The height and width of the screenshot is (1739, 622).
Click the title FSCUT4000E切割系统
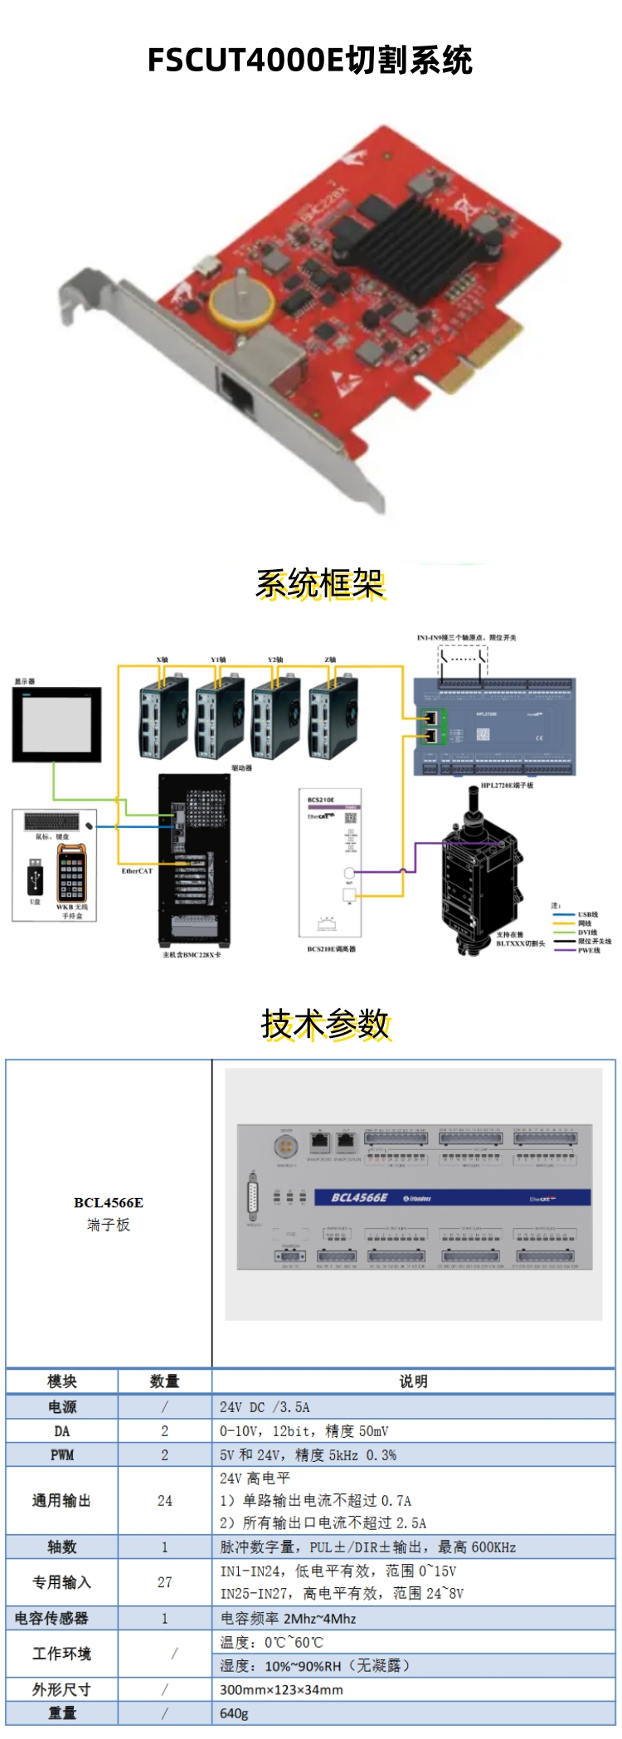pyautogui.click(x=310, y=61)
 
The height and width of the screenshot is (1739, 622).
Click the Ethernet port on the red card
pyautogui.click(x=237, y=392)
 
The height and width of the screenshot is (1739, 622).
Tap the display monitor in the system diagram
pyautogui.click(x=56, y=724)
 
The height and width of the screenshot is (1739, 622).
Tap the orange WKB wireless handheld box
pyautogui.click(x=71, y=873)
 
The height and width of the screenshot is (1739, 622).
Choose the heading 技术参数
pyautogui.click(x=325, y=1025)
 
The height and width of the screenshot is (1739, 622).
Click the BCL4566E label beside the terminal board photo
pyautogui.click(x=109, y=1202)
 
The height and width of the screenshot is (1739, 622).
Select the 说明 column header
pyautogui.click(x=413, y=1381)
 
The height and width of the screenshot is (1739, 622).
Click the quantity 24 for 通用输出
pyautogui.click(x=164, y=1501)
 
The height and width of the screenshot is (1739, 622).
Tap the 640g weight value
pyautogui.click(x=234, y=1713)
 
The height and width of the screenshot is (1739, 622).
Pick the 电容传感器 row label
pyautogui.click(x=51, y=1618)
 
